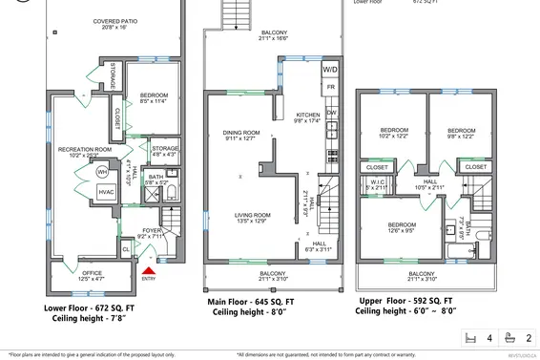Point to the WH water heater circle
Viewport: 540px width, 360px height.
pyautogui.click(x=101, y=173)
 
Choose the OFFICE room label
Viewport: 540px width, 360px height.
pyautogui.click(x=92, y=276)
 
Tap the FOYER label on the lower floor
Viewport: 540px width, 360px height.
pyautogui.click(x=153, y=232)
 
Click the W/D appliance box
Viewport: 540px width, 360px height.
pyautogui.click(x=330, y=70)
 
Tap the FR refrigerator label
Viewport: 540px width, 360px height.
pyautogui.click(x=331, y=88)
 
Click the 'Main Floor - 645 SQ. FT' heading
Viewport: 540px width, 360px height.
pyautogui.click(x=252, y=302)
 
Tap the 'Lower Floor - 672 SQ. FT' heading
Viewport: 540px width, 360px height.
pyautogui.click(x=90, y=309)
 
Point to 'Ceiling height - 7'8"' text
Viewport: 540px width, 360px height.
pyautogui.click(x=91, y=322)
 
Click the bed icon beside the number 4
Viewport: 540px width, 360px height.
pyautogui.click(x=468, y=337)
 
